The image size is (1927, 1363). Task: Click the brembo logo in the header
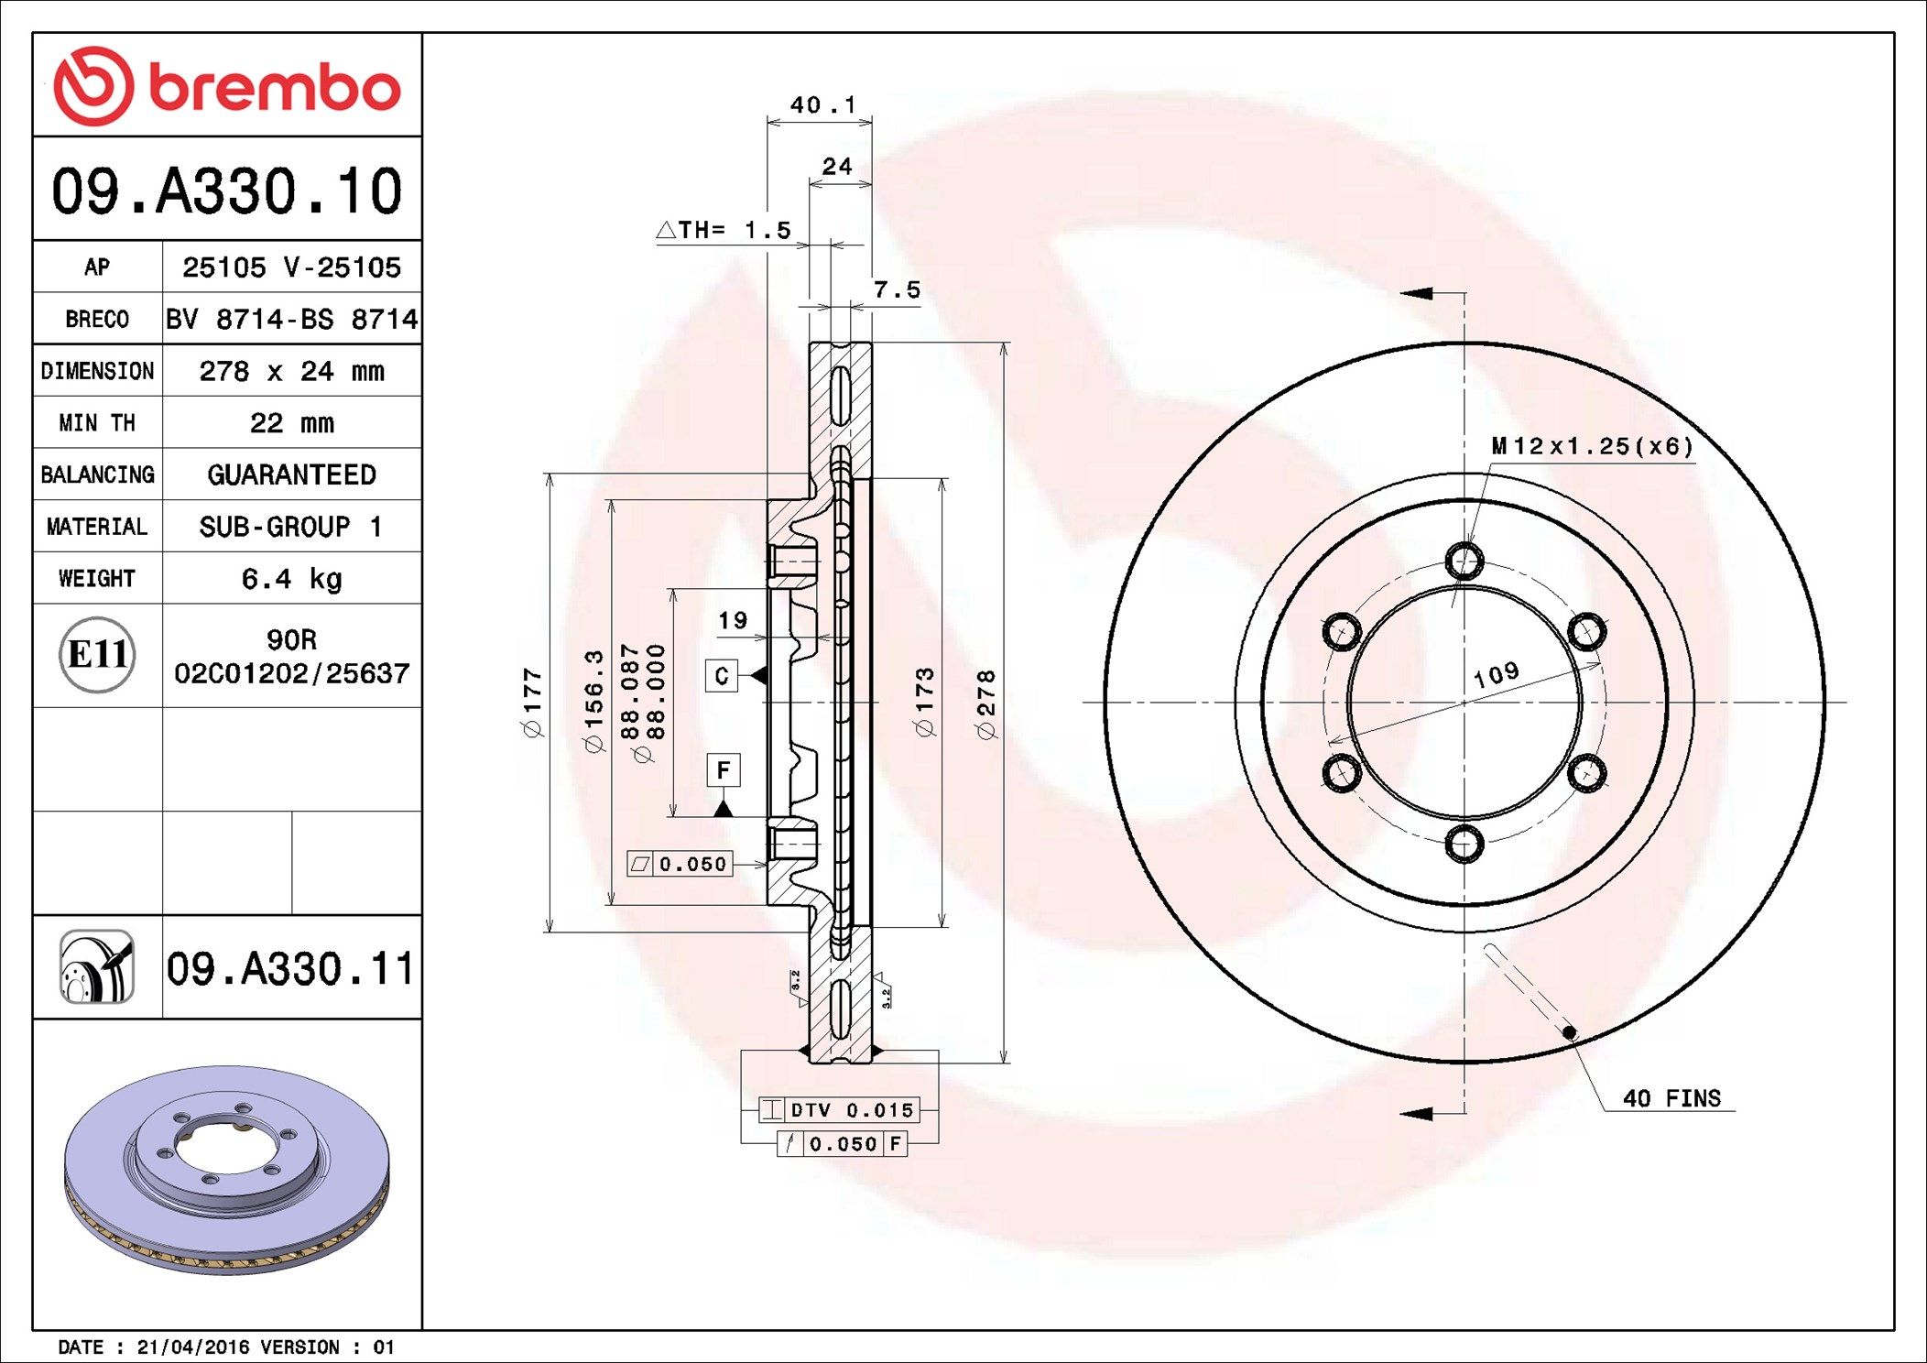[x=227, y=86]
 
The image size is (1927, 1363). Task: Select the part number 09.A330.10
[x=227, y=191]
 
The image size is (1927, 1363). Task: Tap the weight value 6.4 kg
[x=291, y=579]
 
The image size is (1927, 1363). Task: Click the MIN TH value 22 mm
[x=291, y=422]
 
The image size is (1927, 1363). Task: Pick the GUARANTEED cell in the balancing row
[x=291, y=474]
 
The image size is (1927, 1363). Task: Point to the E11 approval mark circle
[x=97, y=654]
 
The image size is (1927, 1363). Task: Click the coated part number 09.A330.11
[x=290, y=968]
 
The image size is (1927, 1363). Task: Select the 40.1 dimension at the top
[x=822, y=105]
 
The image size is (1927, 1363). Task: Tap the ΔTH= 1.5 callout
[x=724, y=230]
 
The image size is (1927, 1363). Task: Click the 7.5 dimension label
[x=897, y=289]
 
